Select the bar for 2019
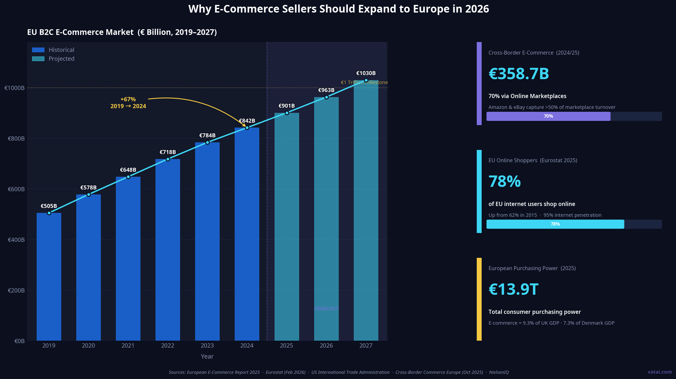49,277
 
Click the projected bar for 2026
326,219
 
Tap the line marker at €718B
168,159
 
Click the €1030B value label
366,73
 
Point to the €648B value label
128,170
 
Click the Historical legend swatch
38,50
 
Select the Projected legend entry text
61,59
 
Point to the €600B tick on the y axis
16,189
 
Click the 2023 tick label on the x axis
207,345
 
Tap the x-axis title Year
207,356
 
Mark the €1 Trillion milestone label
364,82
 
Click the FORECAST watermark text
326,309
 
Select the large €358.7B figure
519,74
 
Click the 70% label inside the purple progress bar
548,116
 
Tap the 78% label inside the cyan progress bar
555,224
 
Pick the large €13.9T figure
513,289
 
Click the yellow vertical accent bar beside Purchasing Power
479,299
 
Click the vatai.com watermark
659,372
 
